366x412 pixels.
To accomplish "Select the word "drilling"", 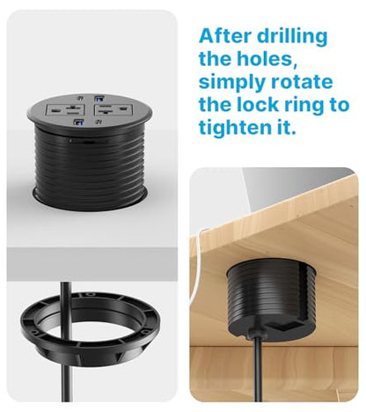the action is pos(292,37).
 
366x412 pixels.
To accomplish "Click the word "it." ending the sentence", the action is pos(284,128).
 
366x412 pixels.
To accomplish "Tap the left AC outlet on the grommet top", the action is pos(65,110).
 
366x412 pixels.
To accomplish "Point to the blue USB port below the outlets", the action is pos(78,121).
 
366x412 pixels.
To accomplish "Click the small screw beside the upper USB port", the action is pos(80,99).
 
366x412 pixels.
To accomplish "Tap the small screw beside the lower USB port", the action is pos(99,121).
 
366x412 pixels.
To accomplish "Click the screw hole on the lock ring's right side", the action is pos(143,332).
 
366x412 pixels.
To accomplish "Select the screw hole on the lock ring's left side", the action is pos(34,332).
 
